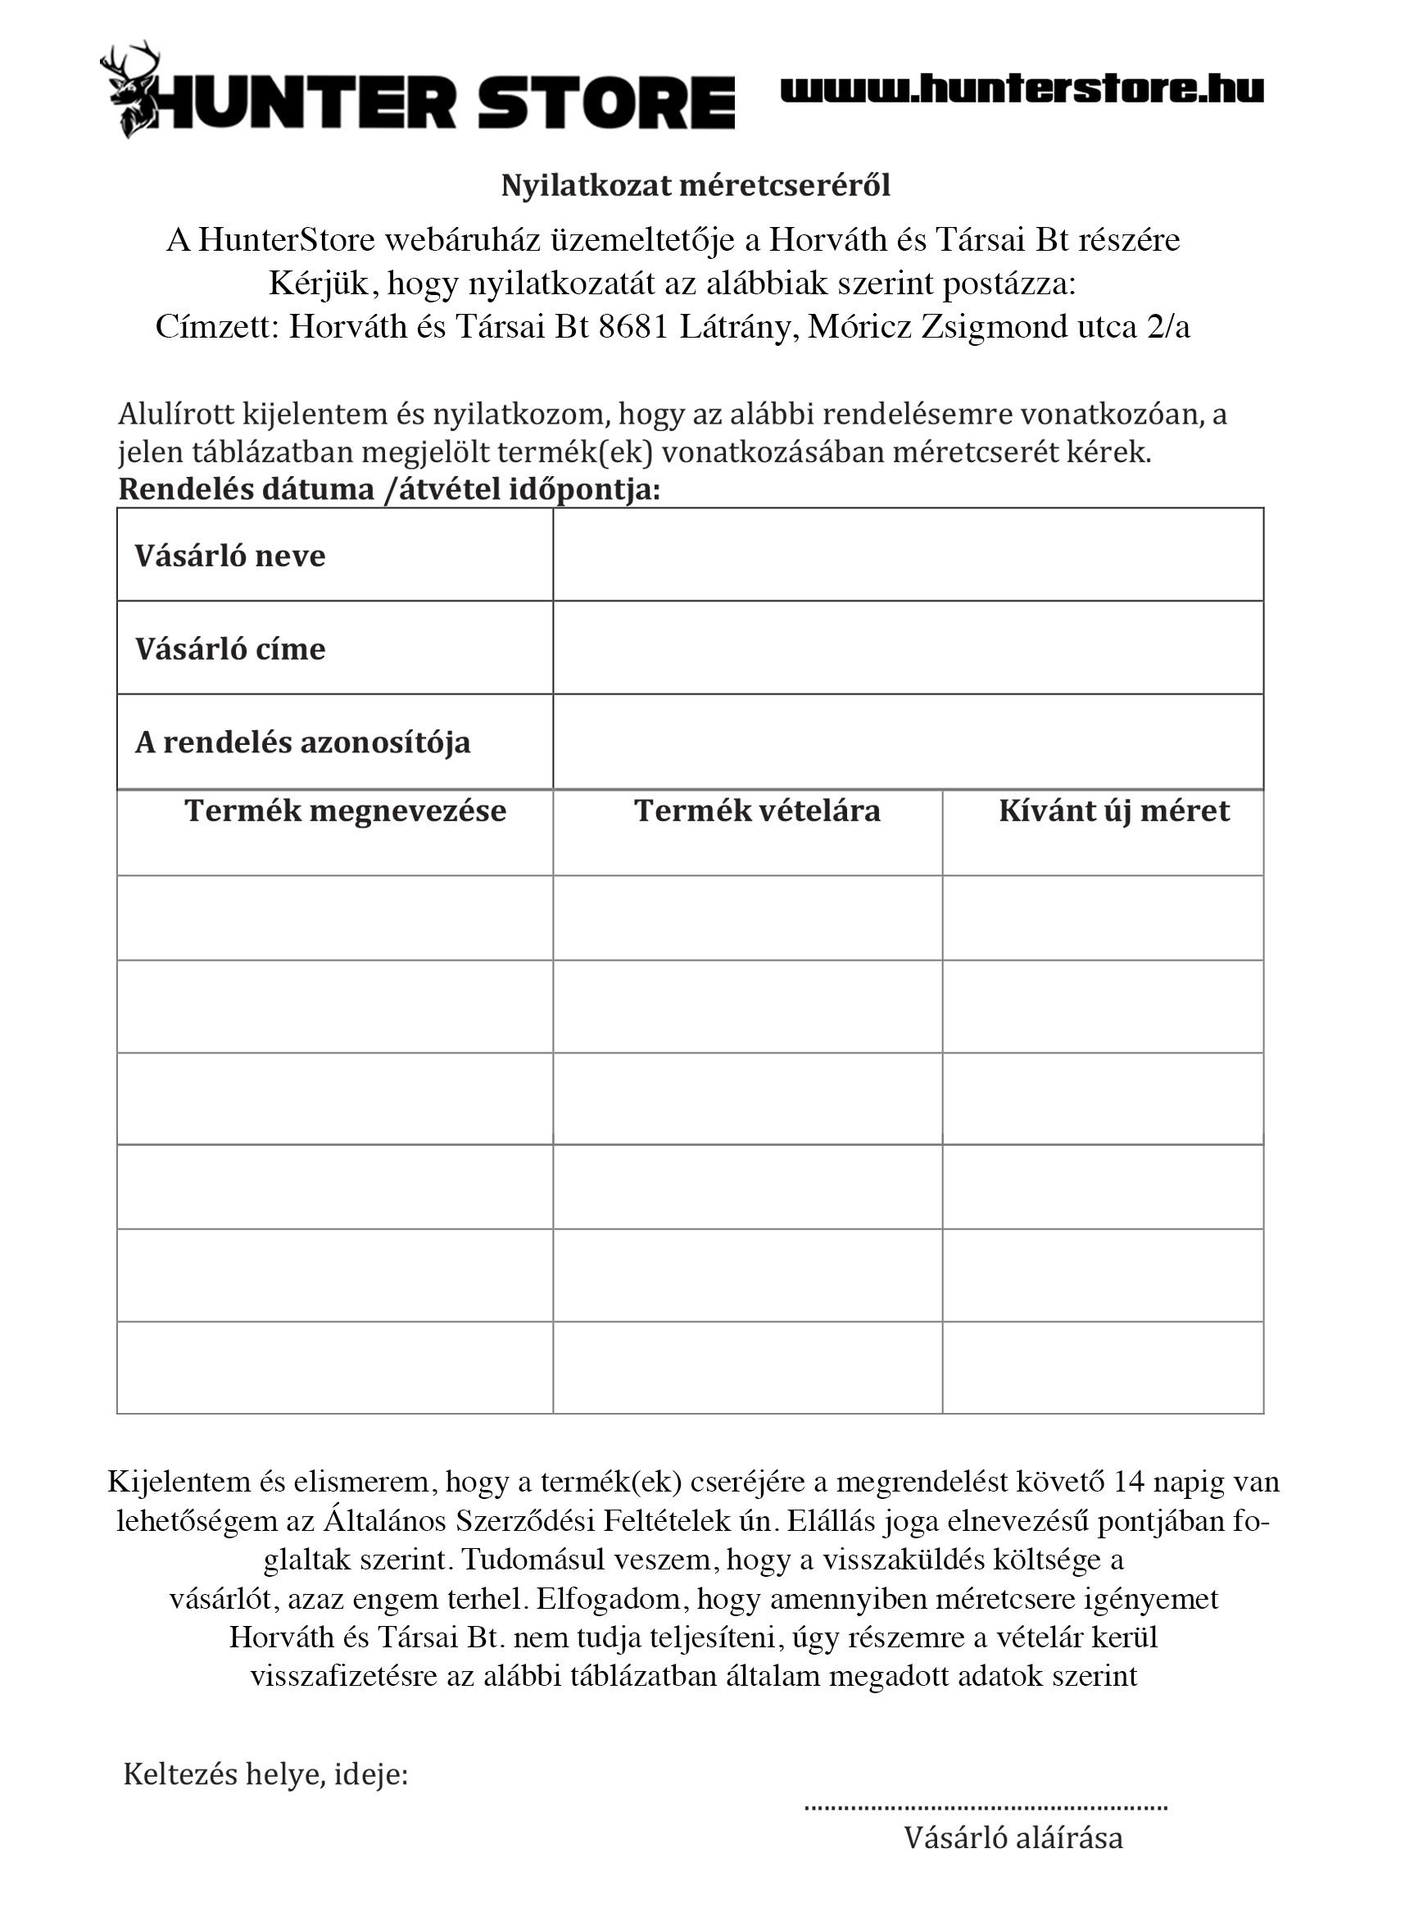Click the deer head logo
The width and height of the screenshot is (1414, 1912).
[130, 89]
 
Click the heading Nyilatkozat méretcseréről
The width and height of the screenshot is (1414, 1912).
[695, 185]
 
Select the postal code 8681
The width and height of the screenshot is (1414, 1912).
[632, 327]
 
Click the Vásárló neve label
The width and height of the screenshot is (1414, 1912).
[229, 556]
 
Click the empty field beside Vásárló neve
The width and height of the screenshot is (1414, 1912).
[907, 555]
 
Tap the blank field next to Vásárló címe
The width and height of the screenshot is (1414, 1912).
[907, 647]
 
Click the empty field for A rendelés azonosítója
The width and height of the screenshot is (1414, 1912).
[907, 741]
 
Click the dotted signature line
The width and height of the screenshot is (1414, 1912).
[986, 1809]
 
